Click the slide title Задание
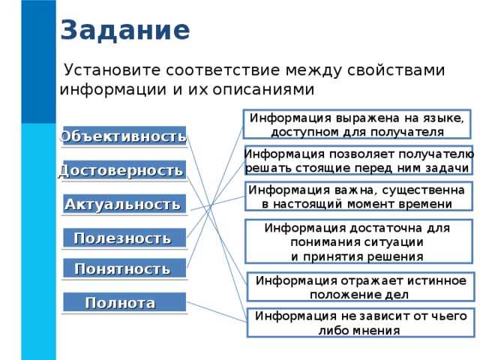click(x=124, y=31)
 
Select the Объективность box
click(x=124, y=136)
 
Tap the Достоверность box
click(x=122, y=171)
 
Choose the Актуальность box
click(x=124, y=204)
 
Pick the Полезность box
click(x=123, y=238)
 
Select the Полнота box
click(x=123, y=303)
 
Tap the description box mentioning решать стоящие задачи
click(x=358, y=160)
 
